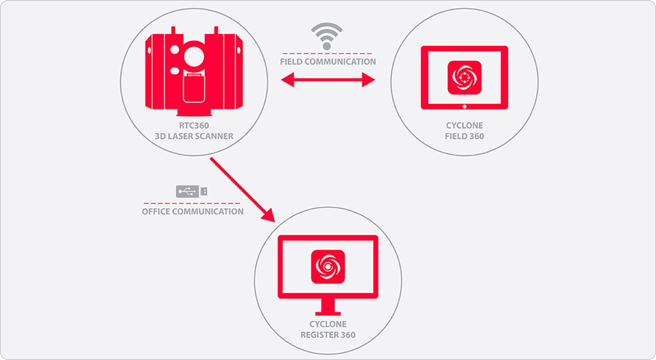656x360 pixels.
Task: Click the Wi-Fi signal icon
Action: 327,36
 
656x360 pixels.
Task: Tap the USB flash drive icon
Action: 192,191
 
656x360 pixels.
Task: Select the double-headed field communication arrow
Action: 327,80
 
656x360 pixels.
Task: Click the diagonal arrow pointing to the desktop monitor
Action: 242,189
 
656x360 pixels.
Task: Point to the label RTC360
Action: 194,125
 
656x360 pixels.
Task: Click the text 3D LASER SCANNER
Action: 194,136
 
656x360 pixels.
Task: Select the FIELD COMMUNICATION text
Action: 328,62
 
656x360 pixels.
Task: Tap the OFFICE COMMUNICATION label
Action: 193,211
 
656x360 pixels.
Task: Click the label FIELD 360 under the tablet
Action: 464,136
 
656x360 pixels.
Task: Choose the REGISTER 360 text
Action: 328,335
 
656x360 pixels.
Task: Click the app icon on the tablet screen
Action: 464,77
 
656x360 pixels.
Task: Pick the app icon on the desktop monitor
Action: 328,267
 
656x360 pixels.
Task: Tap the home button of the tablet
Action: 464,107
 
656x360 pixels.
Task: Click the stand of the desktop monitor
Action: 328,308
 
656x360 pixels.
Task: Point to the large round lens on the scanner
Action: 194,56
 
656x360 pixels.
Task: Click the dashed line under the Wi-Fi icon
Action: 327,54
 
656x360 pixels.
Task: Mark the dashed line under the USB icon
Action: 192,203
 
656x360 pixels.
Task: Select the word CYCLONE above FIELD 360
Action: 464,125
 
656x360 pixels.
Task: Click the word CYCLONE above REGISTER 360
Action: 328,324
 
